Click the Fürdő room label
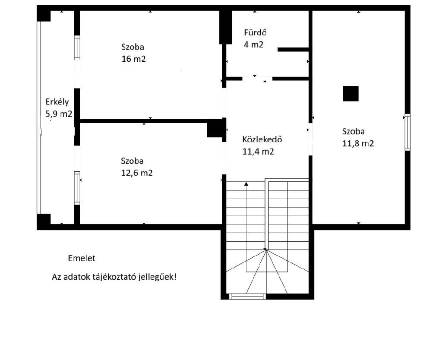256,32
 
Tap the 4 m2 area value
253,44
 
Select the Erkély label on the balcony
57,102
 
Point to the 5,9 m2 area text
59,114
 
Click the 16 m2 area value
133,59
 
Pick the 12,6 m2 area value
137,173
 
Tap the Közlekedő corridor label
262,139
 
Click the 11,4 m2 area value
258,152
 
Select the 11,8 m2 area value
358,143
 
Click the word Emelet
82,258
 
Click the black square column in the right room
350,94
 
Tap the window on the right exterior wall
407,132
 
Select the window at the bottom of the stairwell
247,297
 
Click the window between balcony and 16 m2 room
77,47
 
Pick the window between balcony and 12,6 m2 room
77,188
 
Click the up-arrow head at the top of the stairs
246,184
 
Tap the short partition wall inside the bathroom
293,50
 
